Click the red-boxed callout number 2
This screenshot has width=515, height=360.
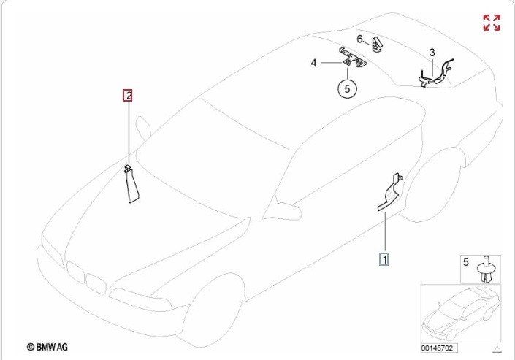tap(127, 95)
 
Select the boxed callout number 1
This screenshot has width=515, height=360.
tap(384, 259)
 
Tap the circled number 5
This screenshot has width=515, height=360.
tap(347, 88)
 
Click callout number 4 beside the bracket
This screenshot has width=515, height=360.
tap(313, 63)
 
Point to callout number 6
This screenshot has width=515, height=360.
tap(359, 39)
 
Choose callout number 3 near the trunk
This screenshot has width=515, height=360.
tap(432, 53)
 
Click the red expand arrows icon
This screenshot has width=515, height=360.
tap(492, 23)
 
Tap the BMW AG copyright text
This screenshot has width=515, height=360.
tap(47, 347)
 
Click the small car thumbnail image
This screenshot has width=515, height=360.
tap(461, 313)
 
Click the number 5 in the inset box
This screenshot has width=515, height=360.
tap(466, 262)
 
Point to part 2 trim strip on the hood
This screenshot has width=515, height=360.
tap(131, 185)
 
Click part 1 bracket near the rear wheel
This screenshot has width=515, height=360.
tap(391, 192)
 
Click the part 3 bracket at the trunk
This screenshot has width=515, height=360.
tap(435, 74)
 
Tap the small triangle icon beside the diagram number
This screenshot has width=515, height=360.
tap(497, 349)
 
